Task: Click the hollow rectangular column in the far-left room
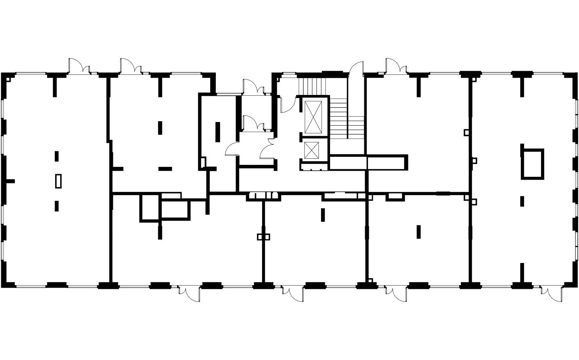tap(58, 181)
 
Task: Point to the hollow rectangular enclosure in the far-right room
tap(532, 164)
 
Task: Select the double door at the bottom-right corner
tap(551, 293)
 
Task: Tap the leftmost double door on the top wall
tap(79, 66)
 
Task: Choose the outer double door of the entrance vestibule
tap(254, 87)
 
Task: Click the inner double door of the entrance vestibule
tap(254, 123)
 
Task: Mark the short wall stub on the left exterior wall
tap(10, 181)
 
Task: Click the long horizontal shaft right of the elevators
tap(368, 162)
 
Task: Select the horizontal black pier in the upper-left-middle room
tap(165, 168)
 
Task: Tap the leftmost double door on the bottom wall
tap(189, 293)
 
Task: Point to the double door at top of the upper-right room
tap(396, 66)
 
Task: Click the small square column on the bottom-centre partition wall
tap(264, 236)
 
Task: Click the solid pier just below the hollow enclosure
tap(522, 201)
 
